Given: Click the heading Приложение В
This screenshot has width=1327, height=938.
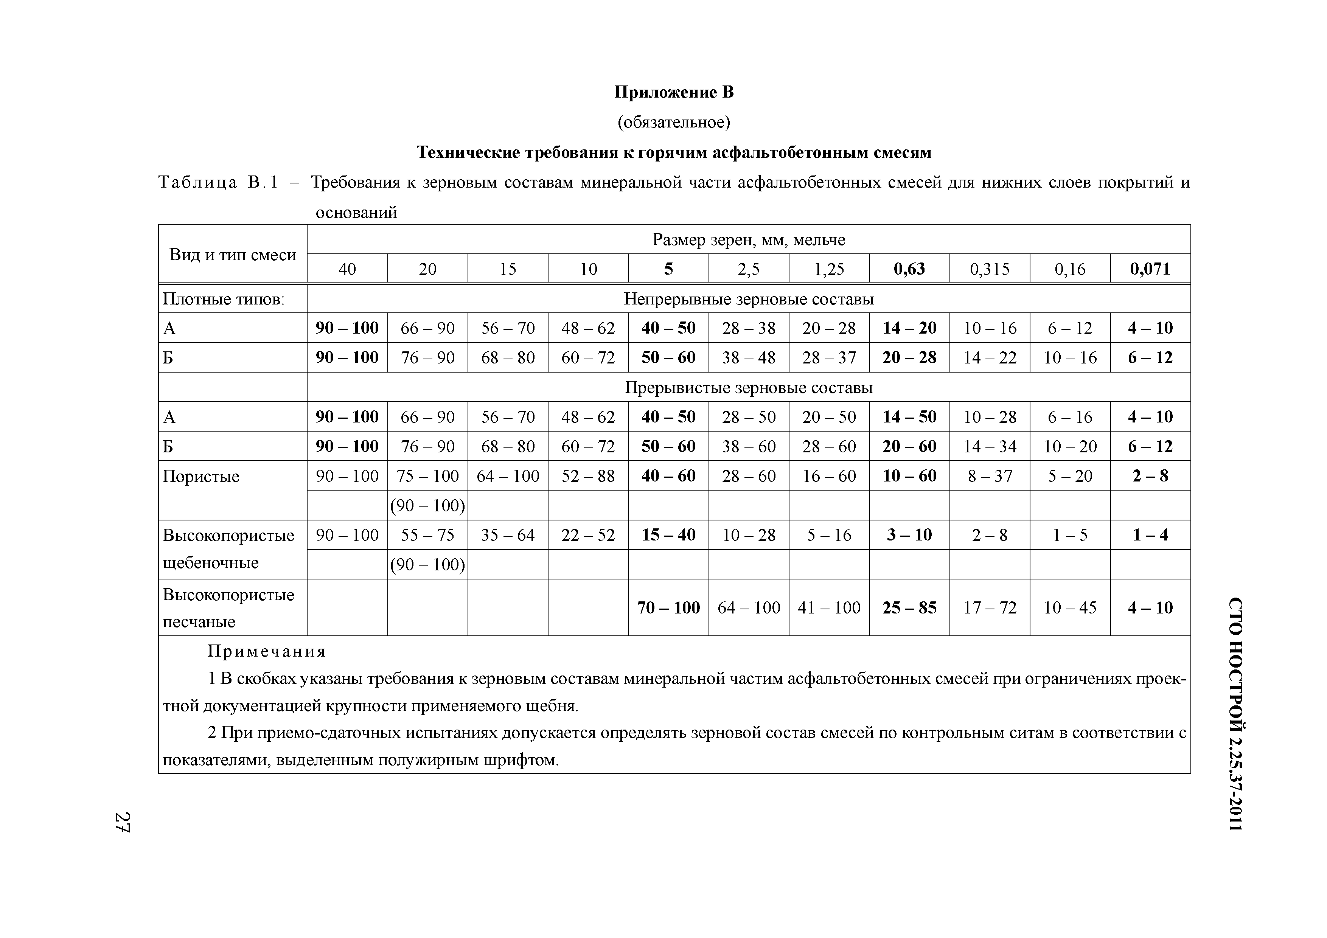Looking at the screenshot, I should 674,92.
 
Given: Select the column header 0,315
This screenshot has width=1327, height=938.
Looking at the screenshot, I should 990,269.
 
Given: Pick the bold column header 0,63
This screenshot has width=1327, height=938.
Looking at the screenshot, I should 909,269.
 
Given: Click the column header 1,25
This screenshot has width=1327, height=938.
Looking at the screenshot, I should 829,269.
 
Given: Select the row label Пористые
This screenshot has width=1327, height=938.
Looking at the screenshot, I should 200,476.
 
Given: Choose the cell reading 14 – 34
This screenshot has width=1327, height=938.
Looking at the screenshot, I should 990,447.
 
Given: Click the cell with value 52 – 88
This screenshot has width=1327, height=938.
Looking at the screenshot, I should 588,476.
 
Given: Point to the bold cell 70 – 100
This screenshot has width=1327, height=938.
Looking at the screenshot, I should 668,608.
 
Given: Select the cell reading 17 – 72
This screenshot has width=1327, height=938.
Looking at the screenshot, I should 990,608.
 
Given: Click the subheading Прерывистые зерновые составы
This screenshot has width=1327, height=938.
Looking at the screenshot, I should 749,388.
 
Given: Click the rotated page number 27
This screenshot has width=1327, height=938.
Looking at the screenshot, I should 123,822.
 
